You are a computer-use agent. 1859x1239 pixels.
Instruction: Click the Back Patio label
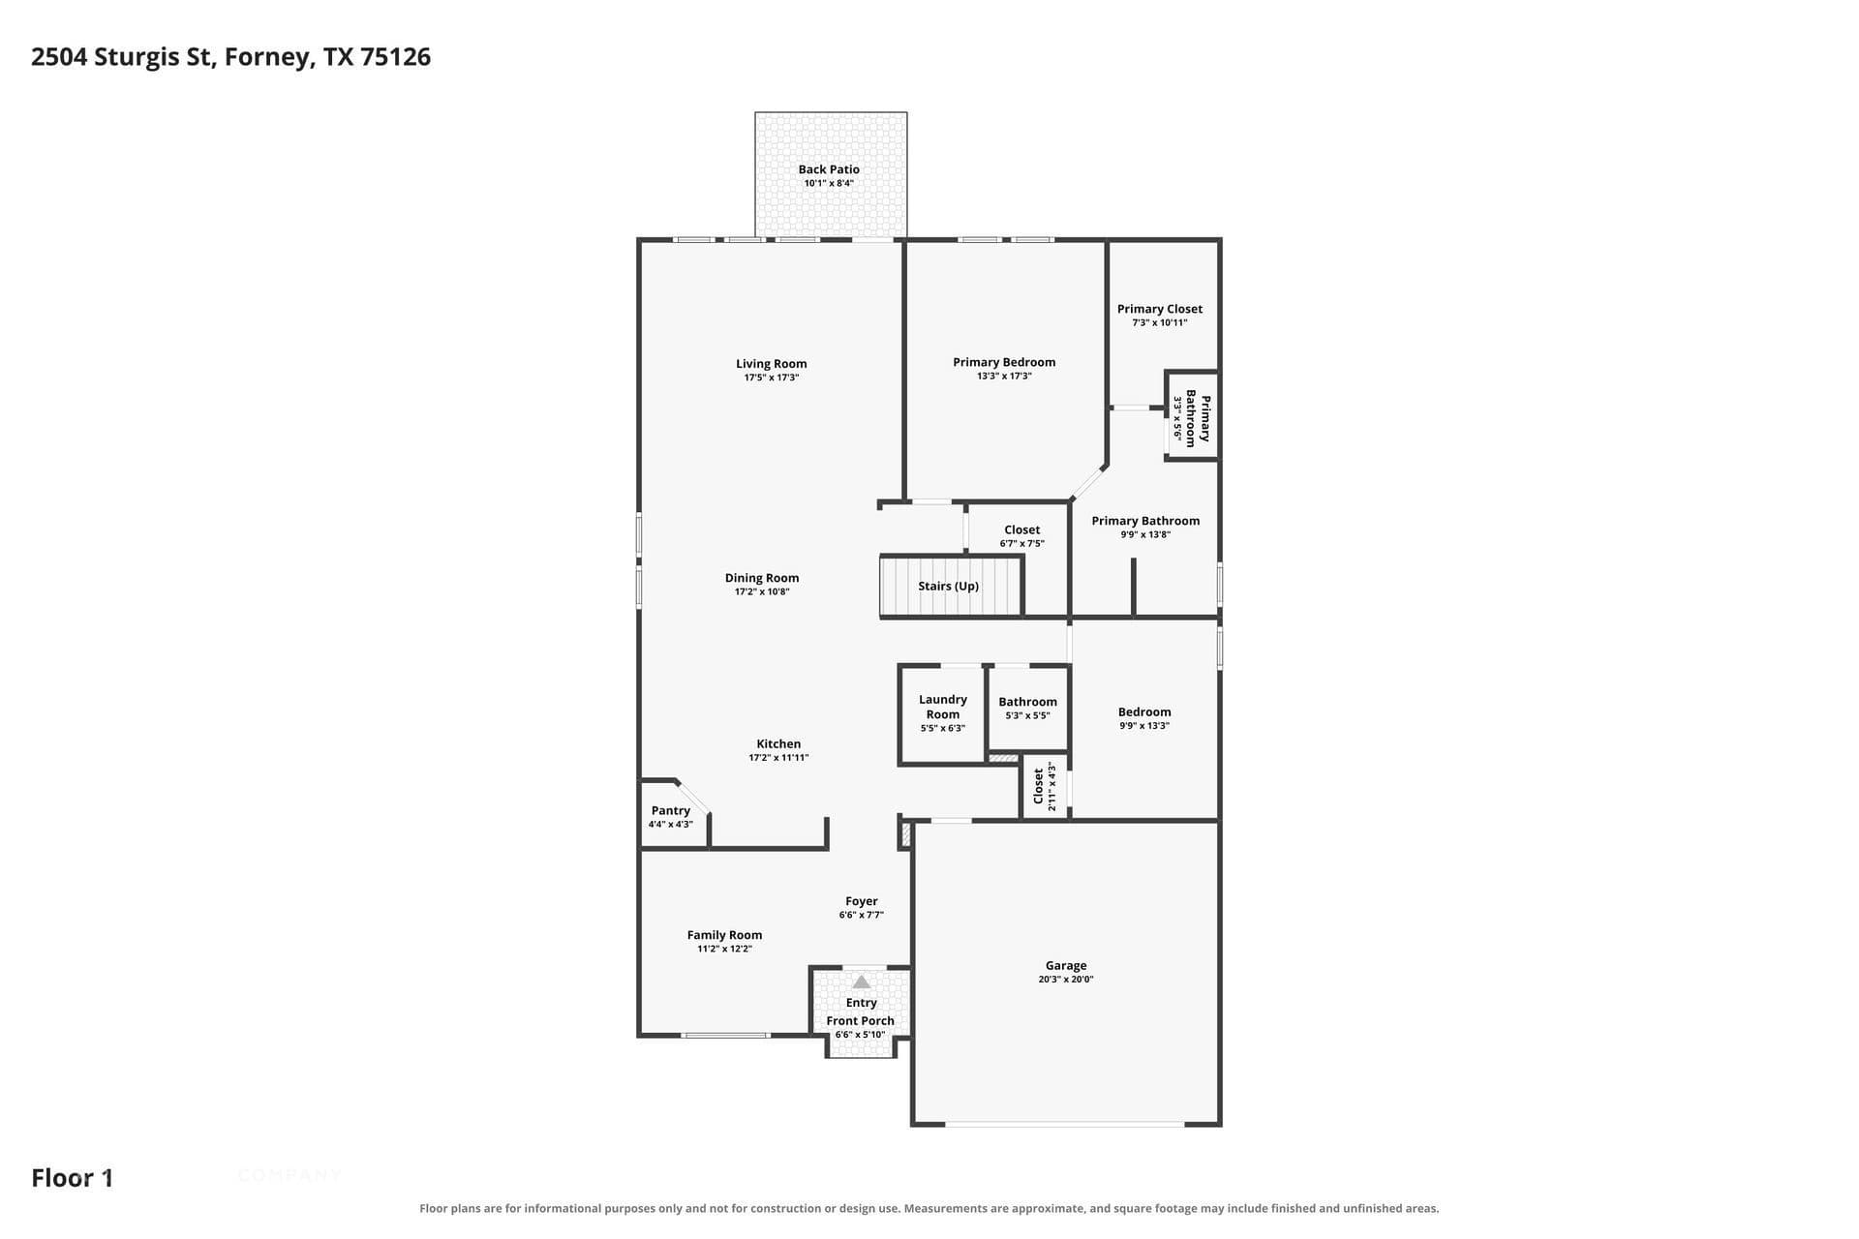(829, 169)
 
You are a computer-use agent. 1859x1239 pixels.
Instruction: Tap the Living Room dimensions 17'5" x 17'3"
(772, 378)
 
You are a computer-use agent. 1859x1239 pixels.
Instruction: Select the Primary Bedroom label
(1004, 362)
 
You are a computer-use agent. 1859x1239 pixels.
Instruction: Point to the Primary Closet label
(1160, 309)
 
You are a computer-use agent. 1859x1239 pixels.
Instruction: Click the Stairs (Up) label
(949, 586)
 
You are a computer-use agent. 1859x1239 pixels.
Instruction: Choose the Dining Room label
(762, 578)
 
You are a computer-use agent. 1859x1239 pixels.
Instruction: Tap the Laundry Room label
(943, 707)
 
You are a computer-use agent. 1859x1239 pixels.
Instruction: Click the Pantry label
(671, 811)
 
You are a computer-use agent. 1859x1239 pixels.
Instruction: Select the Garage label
(1066, 965)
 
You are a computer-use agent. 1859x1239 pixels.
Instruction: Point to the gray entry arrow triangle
(862, 982)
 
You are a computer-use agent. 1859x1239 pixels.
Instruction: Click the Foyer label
(862, 901)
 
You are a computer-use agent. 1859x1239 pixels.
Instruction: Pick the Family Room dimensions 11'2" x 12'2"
(725, 949)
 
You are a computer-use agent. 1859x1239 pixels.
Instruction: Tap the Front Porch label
(861, 1020)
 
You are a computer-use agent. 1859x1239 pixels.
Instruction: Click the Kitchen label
(778, 744)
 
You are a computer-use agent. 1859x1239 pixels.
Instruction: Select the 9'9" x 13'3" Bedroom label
(1144, 711)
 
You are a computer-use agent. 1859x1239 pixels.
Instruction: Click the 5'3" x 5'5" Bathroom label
(1028, 702)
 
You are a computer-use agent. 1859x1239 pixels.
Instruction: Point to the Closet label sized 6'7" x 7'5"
(1022, 529)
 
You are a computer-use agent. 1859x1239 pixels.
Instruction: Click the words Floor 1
(73, 1178)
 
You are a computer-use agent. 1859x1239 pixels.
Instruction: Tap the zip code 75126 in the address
(396, 57)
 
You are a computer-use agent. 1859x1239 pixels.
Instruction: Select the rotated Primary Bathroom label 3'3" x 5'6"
(1192, 416)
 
